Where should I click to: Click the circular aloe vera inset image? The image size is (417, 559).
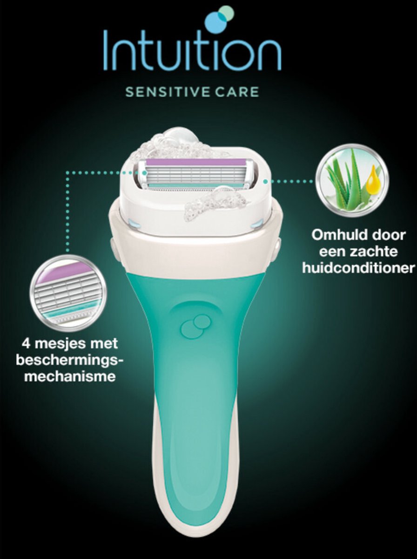352,182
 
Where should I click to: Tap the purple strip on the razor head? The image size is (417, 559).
195,162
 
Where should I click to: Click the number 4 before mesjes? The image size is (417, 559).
27,344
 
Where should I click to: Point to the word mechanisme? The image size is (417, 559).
70,377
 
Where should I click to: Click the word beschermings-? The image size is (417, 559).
69,361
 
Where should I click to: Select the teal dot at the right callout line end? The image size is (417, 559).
265,182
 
